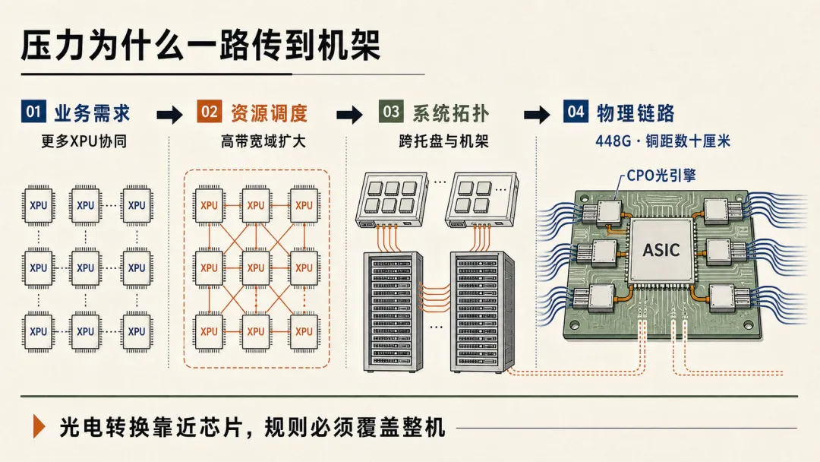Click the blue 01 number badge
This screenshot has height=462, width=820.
(33, 111)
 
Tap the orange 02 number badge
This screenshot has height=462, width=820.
(210, 111)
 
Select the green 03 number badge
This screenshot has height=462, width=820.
(391, 111)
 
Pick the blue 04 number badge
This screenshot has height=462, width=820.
(576, 111)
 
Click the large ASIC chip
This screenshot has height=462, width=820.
(661, 250)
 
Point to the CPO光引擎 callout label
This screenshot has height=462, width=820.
(661, 176)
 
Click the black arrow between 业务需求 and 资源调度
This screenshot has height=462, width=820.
(170, 114)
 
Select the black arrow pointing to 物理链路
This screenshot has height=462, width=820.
(537, 114)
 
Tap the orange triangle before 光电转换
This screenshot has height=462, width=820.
(39, 426)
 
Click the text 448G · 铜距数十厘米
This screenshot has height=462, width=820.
(663, 141)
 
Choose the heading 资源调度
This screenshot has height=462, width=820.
(270, 113)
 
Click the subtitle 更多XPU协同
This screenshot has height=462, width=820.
(84, 141)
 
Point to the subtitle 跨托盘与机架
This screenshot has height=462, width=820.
(443, 141)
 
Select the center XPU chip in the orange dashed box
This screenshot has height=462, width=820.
(256, 268)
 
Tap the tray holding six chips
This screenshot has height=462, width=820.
(392, 199)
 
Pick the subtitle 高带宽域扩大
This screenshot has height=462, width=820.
(263, 141)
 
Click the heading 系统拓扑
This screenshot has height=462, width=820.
(451, 113)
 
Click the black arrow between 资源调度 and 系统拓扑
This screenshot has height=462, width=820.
(350, 114)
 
